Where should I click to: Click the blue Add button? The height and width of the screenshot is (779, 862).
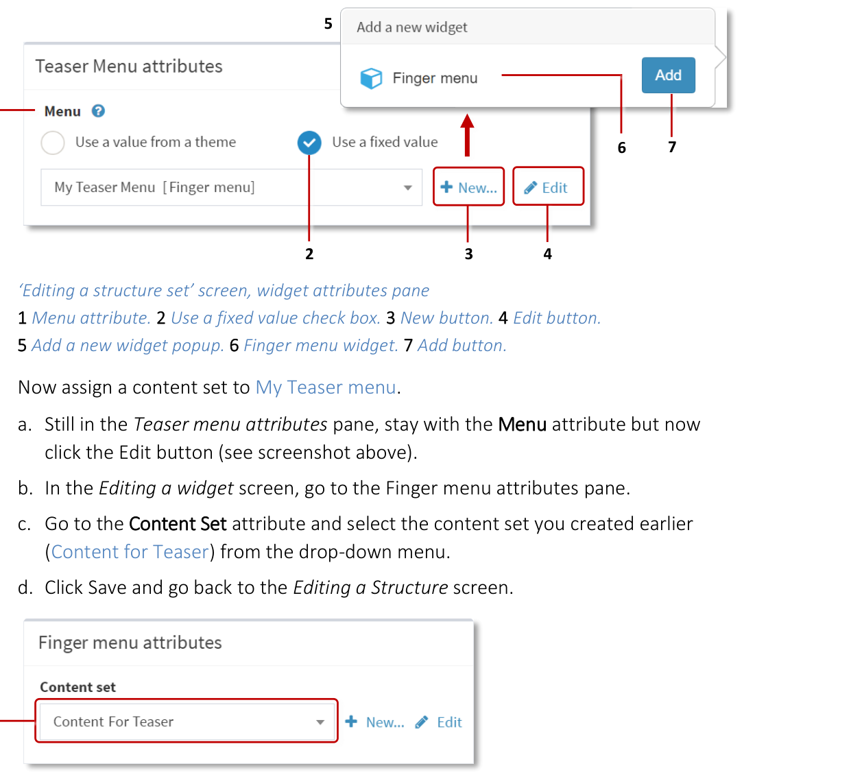[x=668, y=75]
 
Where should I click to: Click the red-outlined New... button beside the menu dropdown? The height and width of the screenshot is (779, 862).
[x=468, y=187]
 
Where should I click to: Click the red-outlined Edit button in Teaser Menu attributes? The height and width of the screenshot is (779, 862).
[x=547, y=187]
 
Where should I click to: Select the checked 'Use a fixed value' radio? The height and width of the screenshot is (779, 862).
[x=309, y=143]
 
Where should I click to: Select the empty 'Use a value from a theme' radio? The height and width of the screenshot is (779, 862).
[x=53, y=143]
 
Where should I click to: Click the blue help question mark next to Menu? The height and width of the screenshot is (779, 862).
[x=98, y=111]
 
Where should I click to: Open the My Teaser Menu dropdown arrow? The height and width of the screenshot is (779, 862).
[x=407, y=188]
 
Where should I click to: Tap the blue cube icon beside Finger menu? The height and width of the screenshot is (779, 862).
[x=371, y=78]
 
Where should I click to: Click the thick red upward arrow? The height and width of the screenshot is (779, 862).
[x=467, y=134]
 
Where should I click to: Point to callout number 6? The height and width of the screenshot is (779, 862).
[x=621, y=147]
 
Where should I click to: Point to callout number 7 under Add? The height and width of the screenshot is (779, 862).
[x=672, y=147]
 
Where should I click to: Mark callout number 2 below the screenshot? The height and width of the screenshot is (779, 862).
[x=309, y=254]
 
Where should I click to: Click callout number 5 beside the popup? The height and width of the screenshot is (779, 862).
[x=328, y=24]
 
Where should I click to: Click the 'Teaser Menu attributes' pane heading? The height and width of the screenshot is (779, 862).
[x=129, y=67]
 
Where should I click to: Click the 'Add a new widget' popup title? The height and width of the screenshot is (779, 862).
[x=411, y=27]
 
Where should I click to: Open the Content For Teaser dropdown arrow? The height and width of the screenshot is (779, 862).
[x=320, y=722]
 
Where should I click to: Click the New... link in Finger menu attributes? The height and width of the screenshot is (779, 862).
[x=376, y=722]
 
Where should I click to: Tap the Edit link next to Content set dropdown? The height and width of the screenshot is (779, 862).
[x=440, y=722]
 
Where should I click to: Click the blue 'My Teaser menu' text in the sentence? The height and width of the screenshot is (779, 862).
[x=326, y=387]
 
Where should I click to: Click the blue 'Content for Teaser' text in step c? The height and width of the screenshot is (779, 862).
[x=130, y=552]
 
